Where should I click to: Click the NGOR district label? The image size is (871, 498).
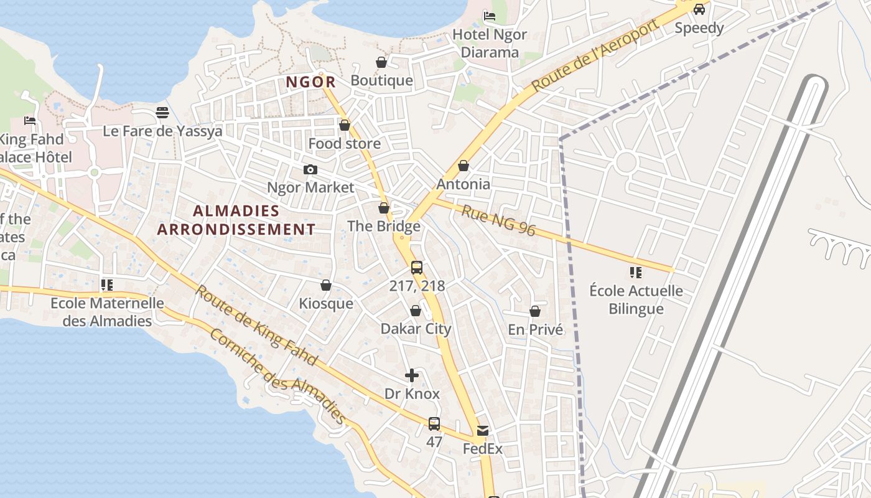point(310,82)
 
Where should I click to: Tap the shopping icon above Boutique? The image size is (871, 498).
point(381,62)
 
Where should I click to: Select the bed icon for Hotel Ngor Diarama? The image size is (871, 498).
point(490,16)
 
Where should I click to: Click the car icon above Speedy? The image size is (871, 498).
point(699,9)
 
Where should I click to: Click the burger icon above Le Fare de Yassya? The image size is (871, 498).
point(162,113)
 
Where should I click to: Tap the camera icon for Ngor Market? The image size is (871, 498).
point(310,169)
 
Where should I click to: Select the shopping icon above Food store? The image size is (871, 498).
point(345,125)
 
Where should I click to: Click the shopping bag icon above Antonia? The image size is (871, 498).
point(463,166)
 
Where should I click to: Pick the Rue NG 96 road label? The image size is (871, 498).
point(498,220)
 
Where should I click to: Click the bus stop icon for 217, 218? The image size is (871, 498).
point(417,268)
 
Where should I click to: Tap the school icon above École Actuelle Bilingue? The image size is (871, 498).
point(635,272)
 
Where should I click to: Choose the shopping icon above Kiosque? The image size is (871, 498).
point(325,285)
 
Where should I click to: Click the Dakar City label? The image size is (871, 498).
point(416,329)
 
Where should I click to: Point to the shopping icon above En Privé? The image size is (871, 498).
point(535,311)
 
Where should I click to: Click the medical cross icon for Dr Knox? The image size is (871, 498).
point(412,375)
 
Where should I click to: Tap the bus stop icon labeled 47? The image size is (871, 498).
point(434,424)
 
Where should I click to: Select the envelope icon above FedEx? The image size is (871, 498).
point(482,430)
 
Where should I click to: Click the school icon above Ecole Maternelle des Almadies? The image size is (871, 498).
point(107,285)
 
